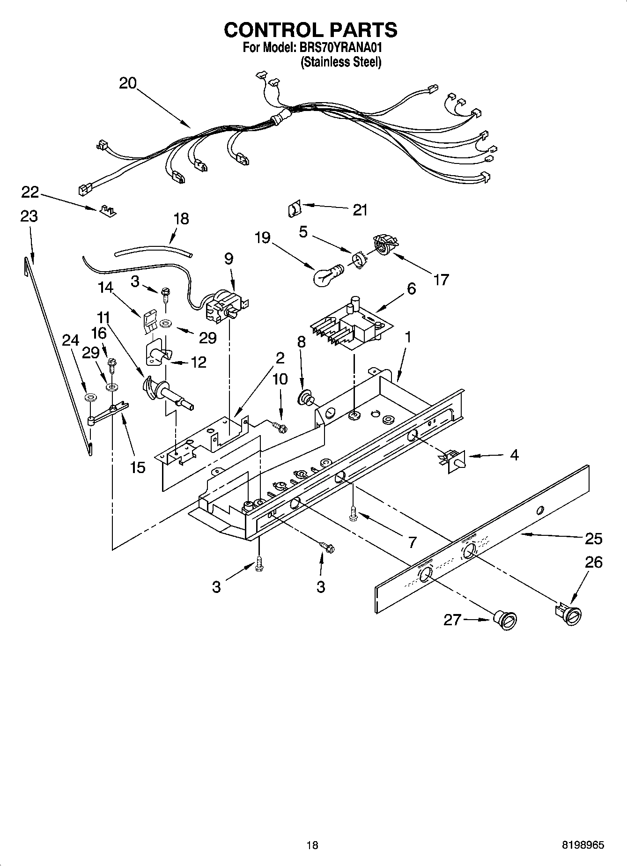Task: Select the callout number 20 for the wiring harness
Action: [x=127, y=83]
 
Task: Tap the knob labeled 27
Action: [x=505, y=620]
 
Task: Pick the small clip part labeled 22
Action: [x=108, y=210]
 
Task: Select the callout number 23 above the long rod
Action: [x=29, y=216]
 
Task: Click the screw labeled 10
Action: [x=280, y=426]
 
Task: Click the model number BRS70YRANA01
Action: [x=340, y=47]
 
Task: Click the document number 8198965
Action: [x=583, y=845]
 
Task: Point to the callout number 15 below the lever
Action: [x=138, y=467]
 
